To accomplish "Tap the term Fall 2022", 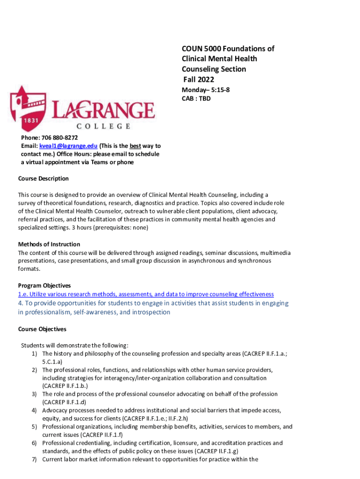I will [198, 80].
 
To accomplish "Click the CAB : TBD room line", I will [196, 99].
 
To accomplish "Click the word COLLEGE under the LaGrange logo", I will [103, 126].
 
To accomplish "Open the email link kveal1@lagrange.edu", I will [68, 146].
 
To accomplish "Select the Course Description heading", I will [43, 179].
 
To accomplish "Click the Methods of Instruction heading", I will [49, 244].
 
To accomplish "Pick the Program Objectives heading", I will [44, 285].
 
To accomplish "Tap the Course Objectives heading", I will [42, 329].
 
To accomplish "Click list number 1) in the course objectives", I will [35, 354].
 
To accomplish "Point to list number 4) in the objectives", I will [35, 410].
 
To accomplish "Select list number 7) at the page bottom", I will [35, 459].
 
